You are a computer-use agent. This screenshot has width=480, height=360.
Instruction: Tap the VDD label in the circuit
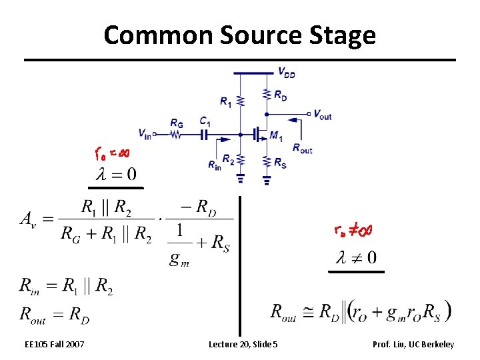coord(287,72)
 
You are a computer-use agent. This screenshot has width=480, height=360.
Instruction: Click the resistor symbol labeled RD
coord(267,95)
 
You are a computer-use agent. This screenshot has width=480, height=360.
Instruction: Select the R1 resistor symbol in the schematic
coord(240,100)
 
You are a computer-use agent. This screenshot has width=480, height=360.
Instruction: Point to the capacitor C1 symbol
coord(205,135)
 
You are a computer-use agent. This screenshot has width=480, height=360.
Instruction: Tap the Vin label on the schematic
coord(145,132)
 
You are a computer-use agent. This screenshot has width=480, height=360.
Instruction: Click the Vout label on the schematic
coord(322,115)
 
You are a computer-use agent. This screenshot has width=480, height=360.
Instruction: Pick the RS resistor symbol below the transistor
coord(267,162)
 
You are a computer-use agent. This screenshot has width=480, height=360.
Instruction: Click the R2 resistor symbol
coord(240,161)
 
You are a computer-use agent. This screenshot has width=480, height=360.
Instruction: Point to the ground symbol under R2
coord(240,178)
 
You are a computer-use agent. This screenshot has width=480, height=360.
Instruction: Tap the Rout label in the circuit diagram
coord(302,149)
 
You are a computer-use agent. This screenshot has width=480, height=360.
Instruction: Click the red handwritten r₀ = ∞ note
coord(112,154)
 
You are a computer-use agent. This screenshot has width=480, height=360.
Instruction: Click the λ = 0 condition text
coord(117,175)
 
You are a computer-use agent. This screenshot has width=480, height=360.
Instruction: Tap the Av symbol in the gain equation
coord(33,219)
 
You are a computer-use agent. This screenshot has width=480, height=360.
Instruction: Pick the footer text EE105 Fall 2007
coord(54,344)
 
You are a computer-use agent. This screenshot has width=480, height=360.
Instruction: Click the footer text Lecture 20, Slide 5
coord(243,344)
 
